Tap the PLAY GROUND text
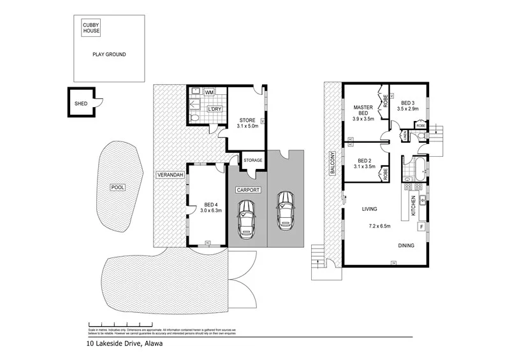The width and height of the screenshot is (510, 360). [108, 55]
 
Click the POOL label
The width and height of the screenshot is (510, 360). [117, 187]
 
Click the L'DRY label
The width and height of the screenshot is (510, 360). [214, 109]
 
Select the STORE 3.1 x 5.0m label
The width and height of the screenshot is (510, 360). [247, 123]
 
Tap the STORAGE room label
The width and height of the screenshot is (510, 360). [252, 161]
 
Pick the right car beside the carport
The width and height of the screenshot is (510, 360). [284, 211]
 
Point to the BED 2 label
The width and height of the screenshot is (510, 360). [365, 164]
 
